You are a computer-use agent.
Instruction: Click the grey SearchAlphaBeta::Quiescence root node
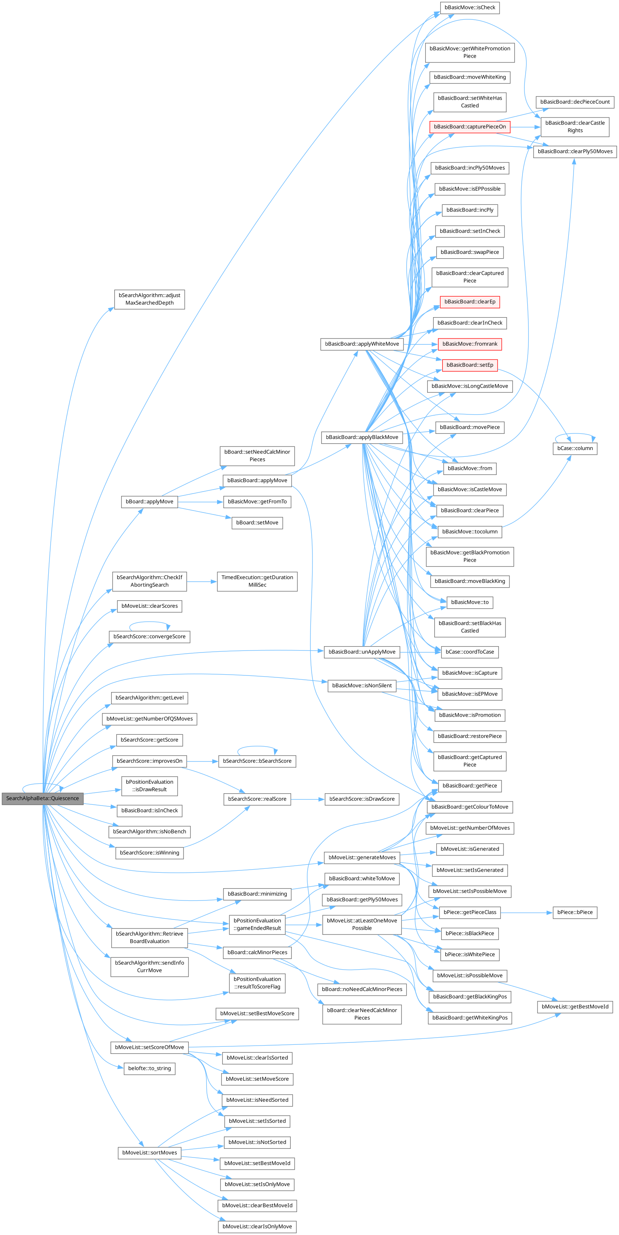[x=42, y=798]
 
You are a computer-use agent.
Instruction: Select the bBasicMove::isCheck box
[x=469, y=8]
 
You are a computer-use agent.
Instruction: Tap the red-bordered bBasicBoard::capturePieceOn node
[x=469, y=127]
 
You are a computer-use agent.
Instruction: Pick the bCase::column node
[x=574, y=448]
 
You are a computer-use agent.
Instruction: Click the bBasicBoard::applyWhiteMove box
[x=362, y=344]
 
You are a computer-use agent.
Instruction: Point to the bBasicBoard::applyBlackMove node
[x=362, y=437]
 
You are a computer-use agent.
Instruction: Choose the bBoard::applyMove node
[x=149, y=501]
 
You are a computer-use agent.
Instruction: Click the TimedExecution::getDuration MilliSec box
[x=257, y=581]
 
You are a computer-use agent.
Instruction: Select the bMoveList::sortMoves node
[x=149, y=1152]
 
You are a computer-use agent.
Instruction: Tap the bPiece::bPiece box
[x=574, y=912]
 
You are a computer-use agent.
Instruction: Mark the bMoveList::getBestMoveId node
[x=574, y=1007]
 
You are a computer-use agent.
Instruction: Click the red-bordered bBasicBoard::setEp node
[x=469, y=365]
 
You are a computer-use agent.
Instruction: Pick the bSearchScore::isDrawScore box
[x=362, y=799]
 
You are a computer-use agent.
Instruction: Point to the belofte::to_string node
[x=149, y=1068]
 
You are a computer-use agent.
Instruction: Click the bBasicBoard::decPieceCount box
[x=574, y=102]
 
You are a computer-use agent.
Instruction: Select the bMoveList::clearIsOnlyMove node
[x=257, y=1226]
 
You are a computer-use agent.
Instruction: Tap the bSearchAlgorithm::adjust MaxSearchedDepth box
[x=149, y=299]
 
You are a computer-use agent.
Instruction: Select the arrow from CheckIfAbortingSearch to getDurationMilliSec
[x=201, y=582]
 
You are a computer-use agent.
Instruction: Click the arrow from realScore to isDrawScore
[x=307, y=799]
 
